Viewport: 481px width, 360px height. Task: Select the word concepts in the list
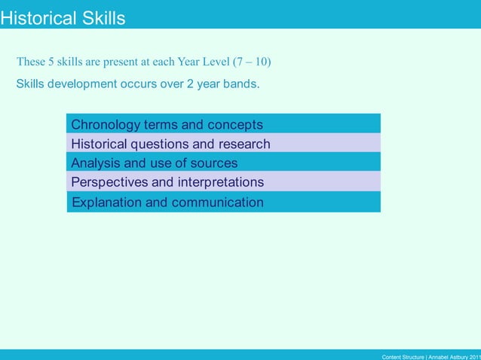(x=234, y=124)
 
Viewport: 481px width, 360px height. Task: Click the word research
(x=241, y=144)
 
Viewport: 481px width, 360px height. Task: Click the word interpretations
(x=221, y=182)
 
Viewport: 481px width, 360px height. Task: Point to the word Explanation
(x=107, y=202)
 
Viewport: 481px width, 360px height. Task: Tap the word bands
(x=240, y=84)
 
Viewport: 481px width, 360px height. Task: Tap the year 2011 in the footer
(x=473, y=355)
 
